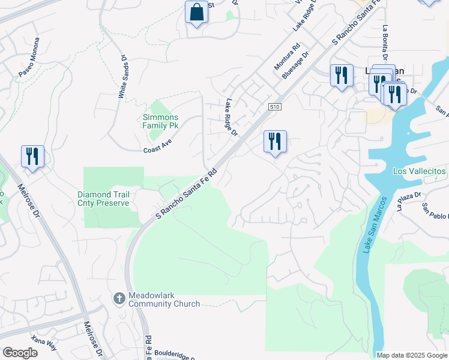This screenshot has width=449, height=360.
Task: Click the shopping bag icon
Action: pos(196,12)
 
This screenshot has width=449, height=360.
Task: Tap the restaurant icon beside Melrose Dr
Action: pos(32,157)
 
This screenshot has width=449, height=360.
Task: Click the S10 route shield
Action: pos(275,106)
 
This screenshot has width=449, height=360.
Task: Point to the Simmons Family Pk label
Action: pos(160,122)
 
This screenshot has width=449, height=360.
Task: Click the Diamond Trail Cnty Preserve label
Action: pos(103,199)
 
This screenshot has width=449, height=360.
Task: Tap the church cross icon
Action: pos(119,298)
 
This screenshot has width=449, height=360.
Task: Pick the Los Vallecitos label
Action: pos(420,171)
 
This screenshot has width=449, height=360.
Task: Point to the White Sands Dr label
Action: pos(122,77)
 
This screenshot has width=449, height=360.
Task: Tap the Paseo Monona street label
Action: pos(29,58)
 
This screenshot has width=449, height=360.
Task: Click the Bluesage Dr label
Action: pos(295,65)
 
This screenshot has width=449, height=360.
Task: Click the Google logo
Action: pos(20,353)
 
